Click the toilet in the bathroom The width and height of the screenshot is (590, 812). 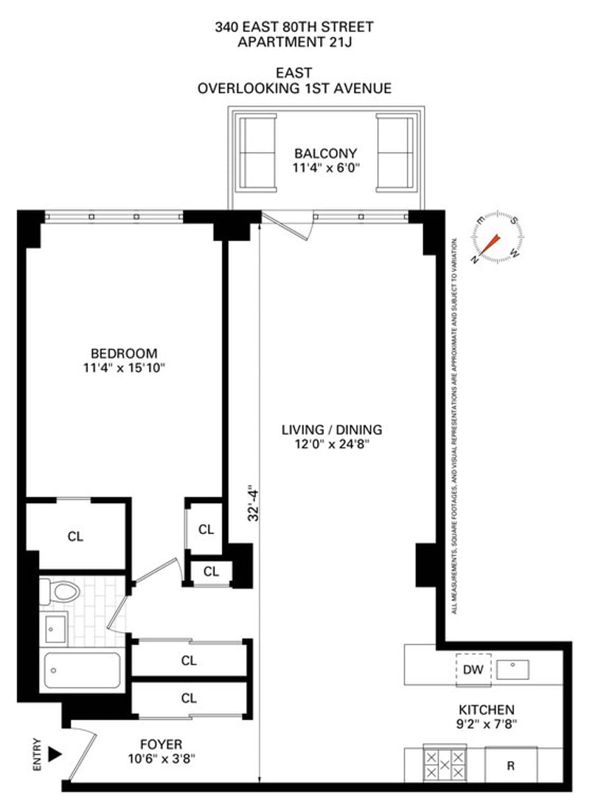click(x=60, y=591)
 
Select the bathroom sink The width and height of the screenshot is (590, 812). click(x=54, y=628)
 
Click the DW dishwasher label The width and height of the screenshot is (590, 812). click(x=473, y=670)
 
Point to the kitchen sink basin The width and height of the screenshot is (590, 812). click(x=513, y=670)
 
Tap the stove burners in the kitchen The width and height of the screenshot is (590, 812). click(x=445, y=764)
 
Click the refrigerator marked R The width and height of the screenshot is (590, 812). click(x=511, y=765)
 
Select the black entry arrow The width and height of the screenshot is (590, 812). click(x=55, y=754)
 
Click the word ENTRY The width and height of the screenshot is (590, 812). click(x=37, y=754)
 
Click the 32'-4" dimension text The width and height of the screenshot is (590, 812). click(x=253, y=503)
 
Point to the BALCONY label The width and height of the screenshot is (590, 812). click(x=326, y=153)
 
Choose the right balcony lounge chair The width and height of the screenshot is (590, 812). click(x=396, y=153)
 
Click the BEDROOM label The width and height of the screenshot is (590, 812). click(x=124, y=353)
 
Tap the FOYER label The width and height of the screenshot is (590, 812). click(x=161, y=744)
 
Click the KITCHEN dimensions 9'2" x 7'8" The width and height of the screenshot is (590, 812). click(x=487, y=723)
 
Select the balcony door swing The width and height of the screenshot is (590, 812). click(x=288, y=226)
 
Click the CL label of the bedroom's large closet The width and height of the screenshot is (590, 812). click(x=75, y=536)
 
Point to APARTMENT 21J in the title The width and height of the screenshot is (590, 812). click(x=294, y=42)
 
